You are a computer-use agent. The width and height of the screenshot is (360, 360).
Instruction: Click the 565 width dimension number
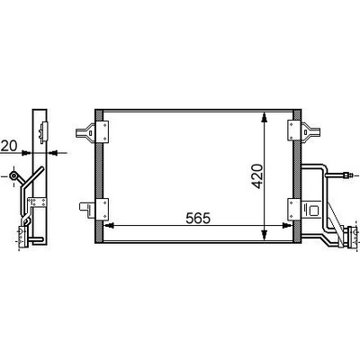(198, 218)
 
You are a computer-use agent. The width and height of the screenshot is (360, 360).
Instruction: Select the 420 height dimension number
(256, 176)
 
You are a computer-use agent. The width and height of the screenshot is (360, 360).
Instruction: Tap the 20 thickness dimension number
(9, 146)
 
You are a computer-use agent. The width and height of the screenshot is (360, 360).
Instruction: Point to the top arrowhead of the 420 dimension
(264, 118)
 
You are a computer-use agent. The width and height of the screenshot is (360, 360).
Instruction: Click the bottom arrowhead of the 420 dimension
(264, 235)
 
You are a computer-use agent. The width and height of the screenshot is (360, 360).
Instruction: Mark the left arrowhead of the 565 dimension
(109, 225)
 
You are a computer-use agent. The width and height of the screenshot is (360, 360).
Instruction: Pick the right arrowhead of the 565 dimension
(287, 225)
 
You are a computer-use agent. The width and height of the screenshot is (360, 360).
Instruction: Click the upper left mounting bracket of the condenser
(93, 132)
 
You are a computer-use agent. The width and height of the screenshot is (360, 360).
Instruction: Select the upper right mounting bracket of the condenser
(303, 130)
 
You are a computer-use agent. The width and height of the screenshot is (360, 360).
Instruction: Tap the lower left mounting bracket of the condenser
(94, 210)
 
